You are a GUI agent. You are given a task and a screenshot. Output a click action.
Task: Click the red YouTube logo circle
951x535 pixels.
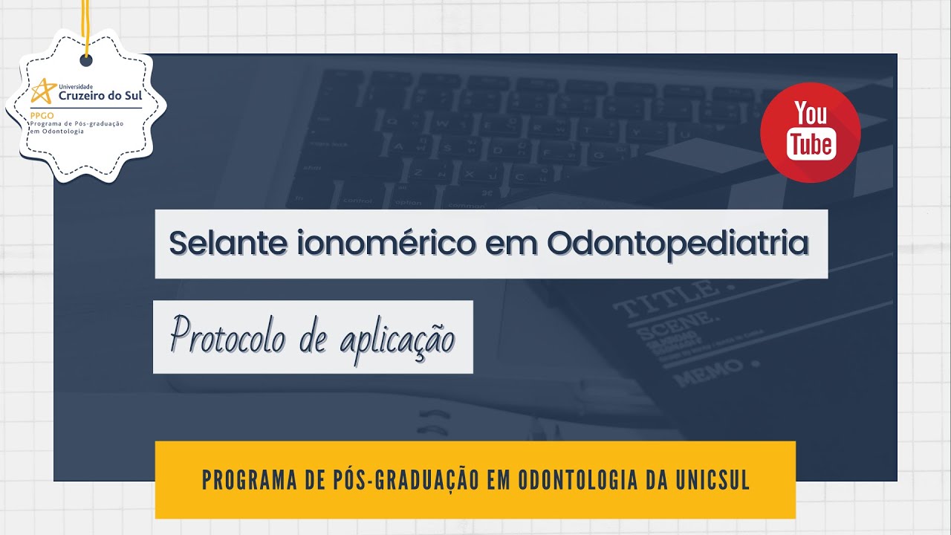click(x=810, y=133)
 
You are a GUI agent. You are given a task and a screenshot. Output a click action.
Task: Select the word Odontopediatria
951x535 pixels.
click(x=677, y=244)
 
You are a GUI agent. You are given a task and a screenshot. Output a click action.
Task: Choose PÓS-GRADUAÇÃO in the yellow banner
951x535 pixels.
click(x=389, y=480)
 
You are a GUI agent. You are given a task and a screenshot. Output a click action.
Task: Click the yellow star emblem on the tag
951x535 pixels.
click(x=43, y=91)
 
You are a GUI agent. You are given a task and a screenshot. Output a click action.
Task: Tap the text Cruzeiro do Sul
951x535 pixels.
click(x=100, y=95)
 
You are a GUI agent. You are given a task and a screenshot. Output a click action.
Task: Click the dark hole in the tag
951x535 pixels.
click(x=86, y=59)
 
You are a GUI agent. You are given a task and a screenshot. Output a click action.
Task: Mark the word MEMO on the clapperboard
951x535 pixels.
click(x=710, y=371)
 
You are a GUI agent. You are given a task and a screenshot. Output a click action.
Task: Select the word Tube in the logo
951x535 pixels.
click(x=811, y=143)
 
